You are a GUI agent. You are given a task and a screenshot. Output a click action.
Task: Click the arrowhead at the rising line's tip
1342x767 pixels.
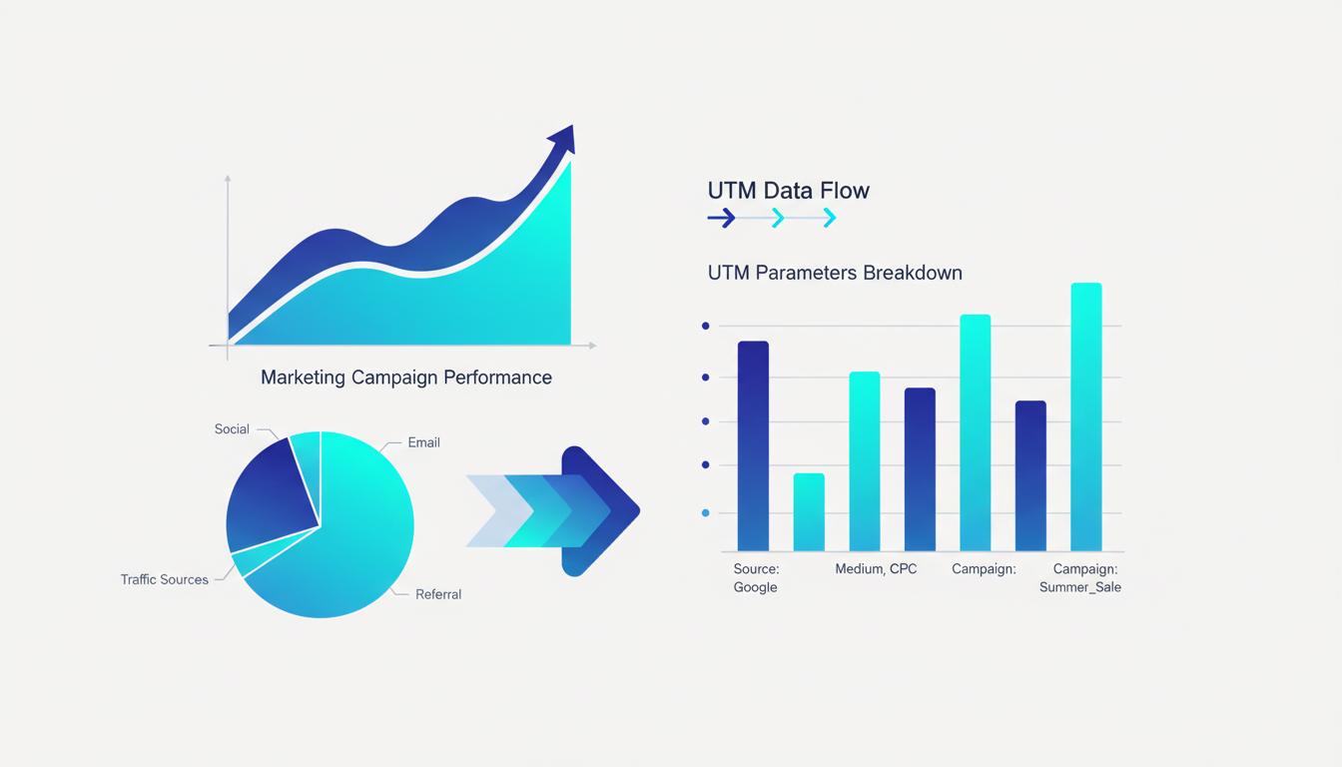pyautogui.click(x=563, y=139)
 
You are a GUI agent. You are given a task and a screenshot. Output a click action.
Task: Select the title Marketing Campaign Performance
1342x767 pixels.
pyautogui.click(x=405, y=378)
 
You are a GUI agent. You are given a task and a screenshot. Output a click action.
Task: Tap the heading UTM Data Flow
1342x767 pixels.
pyautogui.click(x=788, y=190)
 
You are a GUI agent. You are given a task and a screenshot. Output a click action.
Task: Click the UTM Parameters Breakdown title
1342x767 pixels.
pyautogui.click(x=835, y=273)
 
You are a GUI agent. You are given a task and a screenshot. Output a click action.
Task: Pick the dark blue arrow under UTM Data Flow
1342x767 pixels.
pyautogui.click(x=721, y=218)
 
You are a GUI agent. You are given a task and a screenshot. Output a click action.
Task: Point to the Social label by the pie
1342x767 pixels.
pyautogui.click(x=232, y=429)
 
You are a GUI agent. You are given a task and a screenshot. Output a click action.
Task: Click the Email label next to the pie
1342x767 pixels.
pyautogui.click(x=423, y=442)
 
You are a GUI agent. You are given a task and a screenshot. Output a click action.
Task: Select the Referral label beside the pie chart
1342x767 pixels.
pyautogui.click(x=438, y=594)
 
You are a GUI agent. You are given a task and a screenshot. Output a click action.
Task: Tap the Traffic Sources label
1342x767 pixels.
pyautogui.click(x=165, y=579)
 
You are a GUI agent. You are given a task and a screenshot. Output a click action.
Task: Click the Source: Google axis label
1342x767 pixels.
pyautogui.click(x=756, y=578)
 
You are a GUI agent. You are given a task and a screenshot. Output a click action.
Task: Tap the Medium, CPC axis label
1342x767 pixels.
pyautogui.click(x=876, y=569)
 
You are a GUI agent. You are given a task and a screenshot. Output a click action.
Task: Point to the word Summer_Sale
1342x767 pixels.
pyautogui.click(x=1079, y=587)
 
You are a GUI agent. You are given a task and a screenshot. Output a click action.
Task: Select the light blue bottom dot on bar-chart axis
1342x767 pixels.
pyautogui.click(x=706, y=512)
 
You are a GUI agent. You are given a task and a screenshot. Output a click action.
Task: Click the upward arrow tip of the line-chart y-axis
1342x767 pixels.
pyautogui.click(x=228, y=179)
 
